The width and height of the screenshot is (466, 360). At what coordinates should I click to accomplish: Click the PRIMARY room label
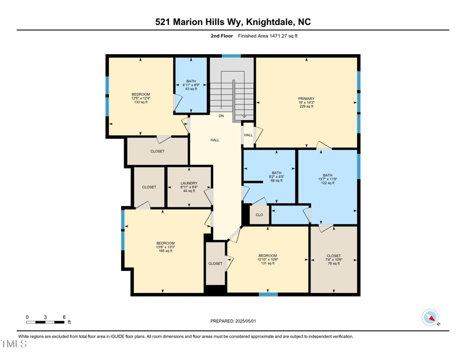pyautogui.click(x=306, y=99)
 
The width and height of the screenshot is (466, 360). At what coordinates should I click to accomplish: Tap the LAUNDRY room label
pyautogui.click(x=189, y=183)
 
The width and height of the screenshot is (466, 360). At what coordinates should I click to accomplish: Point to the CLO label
pyautogui.click(x=259, y=215)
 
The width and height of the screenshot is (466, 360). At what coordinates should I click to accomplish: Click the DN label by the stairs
pyautogui.click(x=221, y=116)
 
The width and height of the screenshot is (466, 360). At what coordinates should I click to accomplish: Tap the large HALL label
pyautogui.click(x=215, y=140)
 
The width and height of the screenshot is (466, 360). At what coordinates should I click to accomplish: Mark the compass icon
pyautogui.click(x=430, y=317)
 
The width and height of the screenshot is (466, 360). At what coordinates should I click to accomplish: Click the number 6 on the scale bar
pyautogui.click(x=64, y=317)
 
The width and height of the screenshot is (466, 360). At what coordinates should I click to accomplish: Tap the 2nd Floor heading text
pyautogui.click(x=222, y=36)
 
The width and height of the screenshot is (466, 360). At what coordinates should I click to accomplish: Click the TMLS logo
pyautogui.click(x=14, y=344)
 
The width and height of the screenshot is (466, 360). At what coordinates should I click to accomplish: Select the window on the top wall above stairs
pyautogui.click(x=231, y=56)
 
